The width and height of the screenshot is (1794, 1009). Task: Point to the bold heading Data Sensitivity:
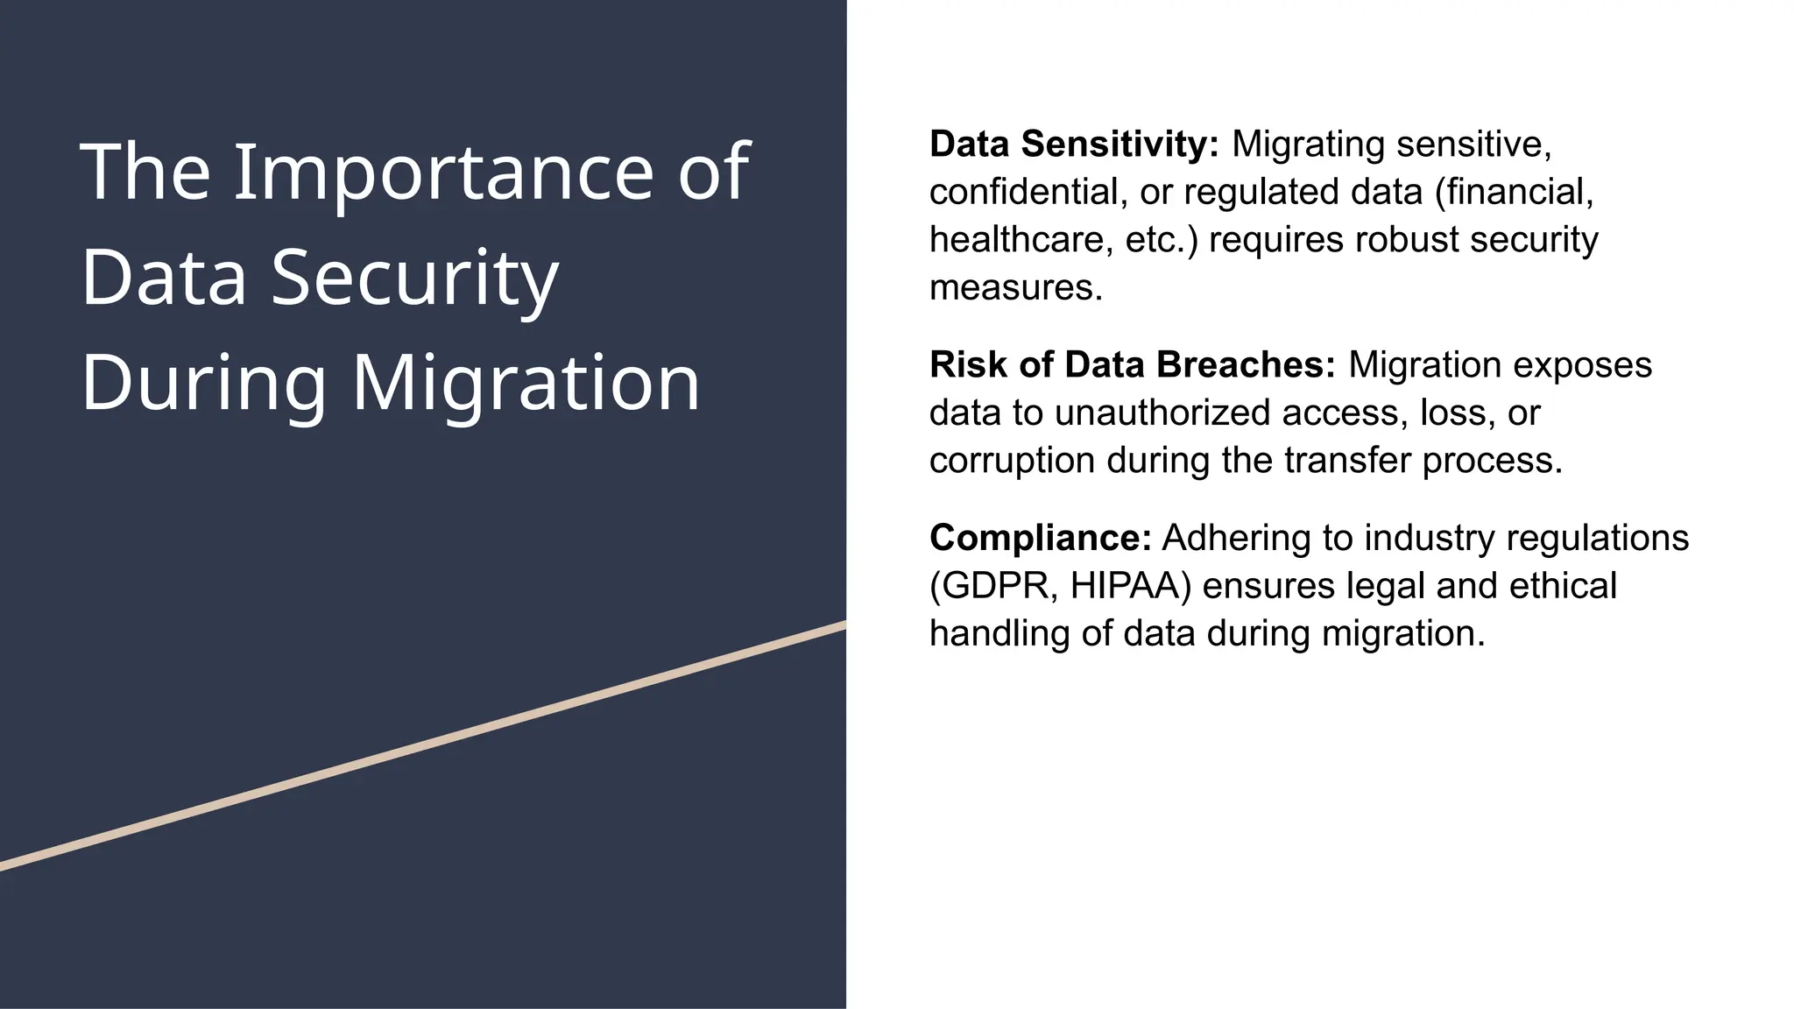(1074, 145)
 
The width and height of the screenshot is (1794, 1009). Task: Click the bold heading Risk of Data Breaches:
(1132, 365)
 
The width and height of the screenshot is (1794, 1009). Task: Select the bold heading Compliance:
(1040, 538)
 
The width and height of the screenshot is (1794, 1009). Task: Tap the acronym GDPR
(993, 586)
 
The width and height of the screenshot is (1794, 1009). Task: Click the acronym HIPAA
(1130, 586)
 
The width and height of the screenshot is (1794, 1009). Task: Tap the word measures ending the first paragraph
(1015, 288)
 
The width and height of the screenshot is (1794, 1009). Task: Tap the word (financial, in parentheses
(1514, 193)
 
